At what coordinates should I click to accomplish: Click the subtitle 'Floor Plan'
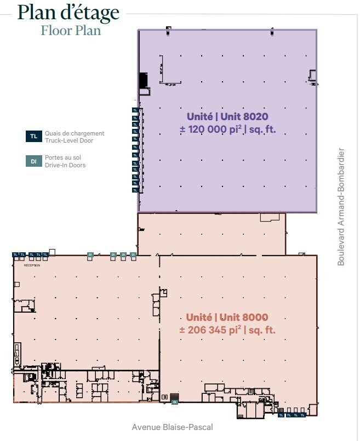[71, 30]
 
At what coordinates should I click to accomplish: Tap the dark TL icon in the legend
[33, 137]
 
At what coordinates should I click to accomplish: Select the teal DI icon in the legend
[33, 161]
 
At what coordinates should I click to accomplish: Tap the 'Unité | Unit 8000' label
[227, 317]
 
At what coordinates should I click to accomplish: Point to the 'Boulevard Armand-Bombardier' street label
[341, 206]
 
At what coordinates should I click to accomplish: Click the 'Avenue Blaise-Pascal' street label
[172, 427]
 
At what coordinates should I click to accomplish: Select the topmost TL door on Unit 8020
[135, 110]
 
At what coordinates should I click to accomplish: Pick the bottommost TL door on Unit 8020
[135, 190]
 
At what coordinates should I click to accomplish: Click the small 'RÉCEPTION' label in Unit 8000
[32, 264]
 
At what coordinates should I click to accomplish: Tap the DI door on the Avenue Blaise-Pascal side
[175, 402]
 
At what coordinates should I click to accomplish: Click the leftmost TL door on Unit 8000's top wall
[15, 255]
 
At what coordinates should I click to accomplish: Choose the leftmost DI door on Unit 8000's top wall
[90, 255]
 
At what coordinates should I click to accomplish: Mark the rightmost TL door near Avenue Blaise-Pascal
[304, 415]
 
